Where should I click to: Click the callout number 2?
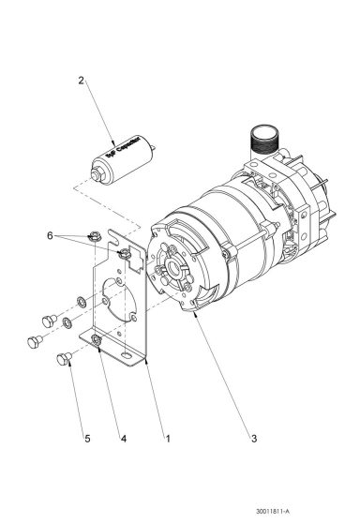pyautogui.click(x=82, y=82)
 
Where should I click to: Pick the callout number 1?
pyautogui.click(x=167, y=438)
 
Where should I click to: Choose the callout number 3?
pyautogui.click(x=251, y=438)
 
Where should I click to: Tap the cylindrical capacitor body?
pyautogui.click(x=121, y=159)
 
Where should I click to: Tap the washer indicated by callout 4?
pyautogui.click(x=97, y=336)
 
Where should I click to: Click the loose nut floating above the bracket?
pyautogui.click(x=96, y=235)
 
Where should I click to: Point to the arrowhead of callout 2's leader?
pyautogui.click(x=110, y=140)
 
